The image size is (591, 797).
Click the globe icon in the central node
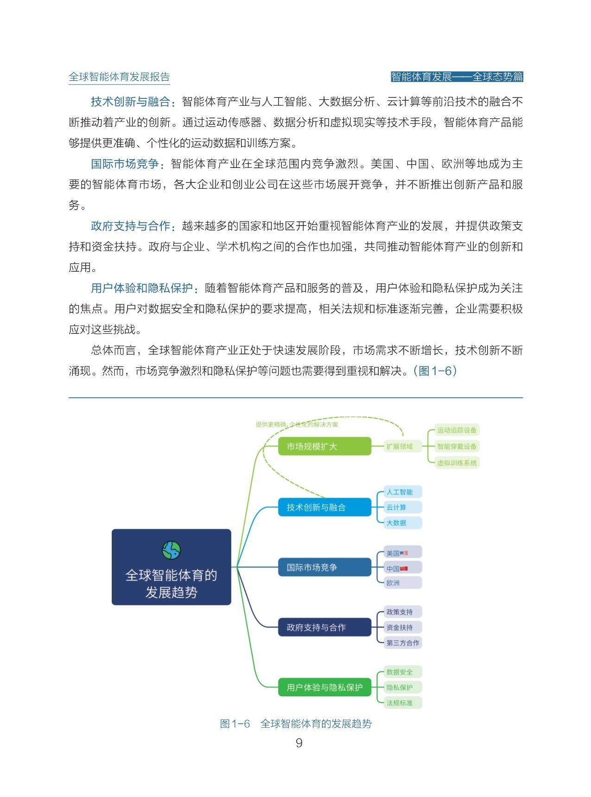[171, 550]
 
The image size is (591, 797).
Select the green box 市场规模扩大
[324, 446]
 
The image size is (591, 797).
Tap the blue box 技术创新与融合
[324, 507]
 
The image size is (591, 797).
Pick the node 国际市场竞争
[324, 567]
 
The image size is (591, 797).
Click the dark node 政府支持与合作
[324, 627]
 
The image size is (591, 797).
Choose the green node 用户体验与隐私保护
[324, 687]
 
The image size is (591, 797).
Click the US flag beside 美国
[404, 553]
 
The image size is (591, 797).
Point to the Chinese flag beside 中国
[404, 568]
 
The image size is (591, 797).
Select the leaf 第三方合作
[403, 643]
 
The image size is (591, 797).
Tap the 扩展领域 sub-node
[399, 446]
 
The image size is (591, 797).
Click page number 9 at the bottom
[299, 743]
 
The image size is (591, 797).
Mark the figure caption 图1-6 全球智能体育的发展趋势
[296, 723]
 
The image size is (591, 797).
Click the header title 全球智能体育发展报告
[119, 77]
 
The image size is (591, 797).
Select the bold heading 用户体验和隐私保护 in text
[142, 288]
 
